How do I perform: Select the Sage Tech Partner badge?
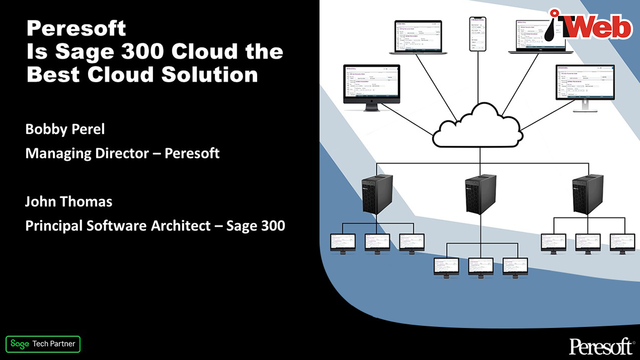[43, 344]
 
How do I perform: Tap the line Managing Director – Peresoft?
[123, 154]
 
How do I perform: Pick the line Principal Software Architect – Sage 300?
[155, 226]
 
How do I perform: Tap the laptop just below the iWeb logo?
[538, 37]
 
